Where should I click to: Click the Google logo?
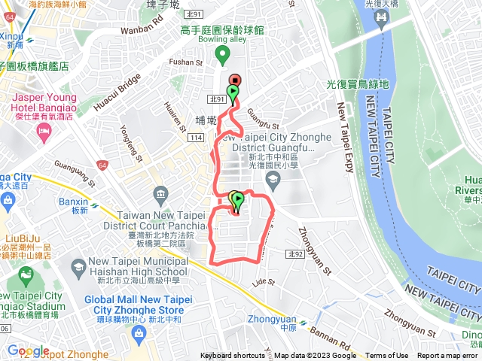point(28,350)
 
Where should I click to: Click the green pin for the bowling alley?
point(222,54)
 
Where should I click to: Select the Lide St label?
point(264,282)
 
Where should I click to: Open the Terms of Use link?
point(387,356)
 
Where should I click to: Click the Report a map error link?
point(448,356)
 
